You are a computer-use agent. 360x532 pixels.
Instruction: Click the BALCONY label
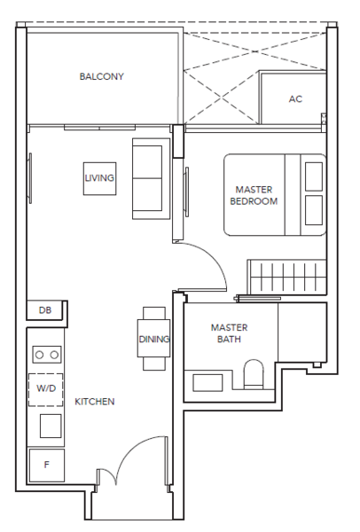click(x=101, y=76)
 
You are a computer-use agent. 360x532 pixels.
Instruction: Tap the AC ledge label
click(x=295, y=99)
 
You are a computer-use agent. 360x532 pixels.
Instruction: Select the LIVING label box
click(x=100, y=178)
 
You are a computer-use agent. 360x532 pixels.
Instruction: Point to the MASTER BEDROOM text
click(x=254, y=195)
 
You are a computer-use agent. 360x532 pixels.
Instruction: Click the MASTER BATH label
click(x=229, y=333)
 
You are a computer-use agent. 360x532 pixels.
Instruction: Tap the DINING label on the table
click(x=153, y=339)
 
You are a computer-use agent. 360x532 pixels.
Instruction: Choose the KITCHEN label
click(x=95, y=402)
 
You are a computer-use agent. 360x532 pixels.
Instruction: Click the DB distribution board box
click(x=45, y=310)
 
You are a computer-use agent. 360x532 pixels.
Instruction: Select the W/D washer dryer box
click(x=46, y=390)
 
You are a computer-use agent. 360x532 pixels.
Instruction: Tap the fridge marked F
click(x=47, y=465)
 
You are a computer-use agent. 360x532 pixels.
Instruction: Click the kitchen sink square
click(x=51, y=426)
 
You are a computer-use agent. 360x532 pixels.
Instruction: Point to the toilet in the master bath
click(x=254, y=374)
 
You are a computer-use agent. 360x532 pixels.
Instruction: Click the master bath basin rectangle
click(x=207, y=383)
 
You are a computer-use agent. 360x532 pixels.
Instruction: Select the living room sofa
click(x=151, y=178)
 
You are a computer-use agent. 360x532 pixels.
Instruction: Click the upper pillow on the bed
click(x=314, y=176)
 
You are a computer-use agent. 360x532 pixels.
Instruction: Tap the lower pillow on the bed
click(x=314, y=210)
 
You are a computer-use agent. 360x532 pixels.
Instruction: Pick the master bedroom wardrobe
click(x=287, y=278)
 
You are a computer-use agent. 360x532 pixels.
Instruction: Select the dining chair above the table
click(x=154, y=313)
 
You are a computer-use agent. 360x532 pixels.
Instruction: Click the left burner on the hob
click(x=40, y=355)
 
